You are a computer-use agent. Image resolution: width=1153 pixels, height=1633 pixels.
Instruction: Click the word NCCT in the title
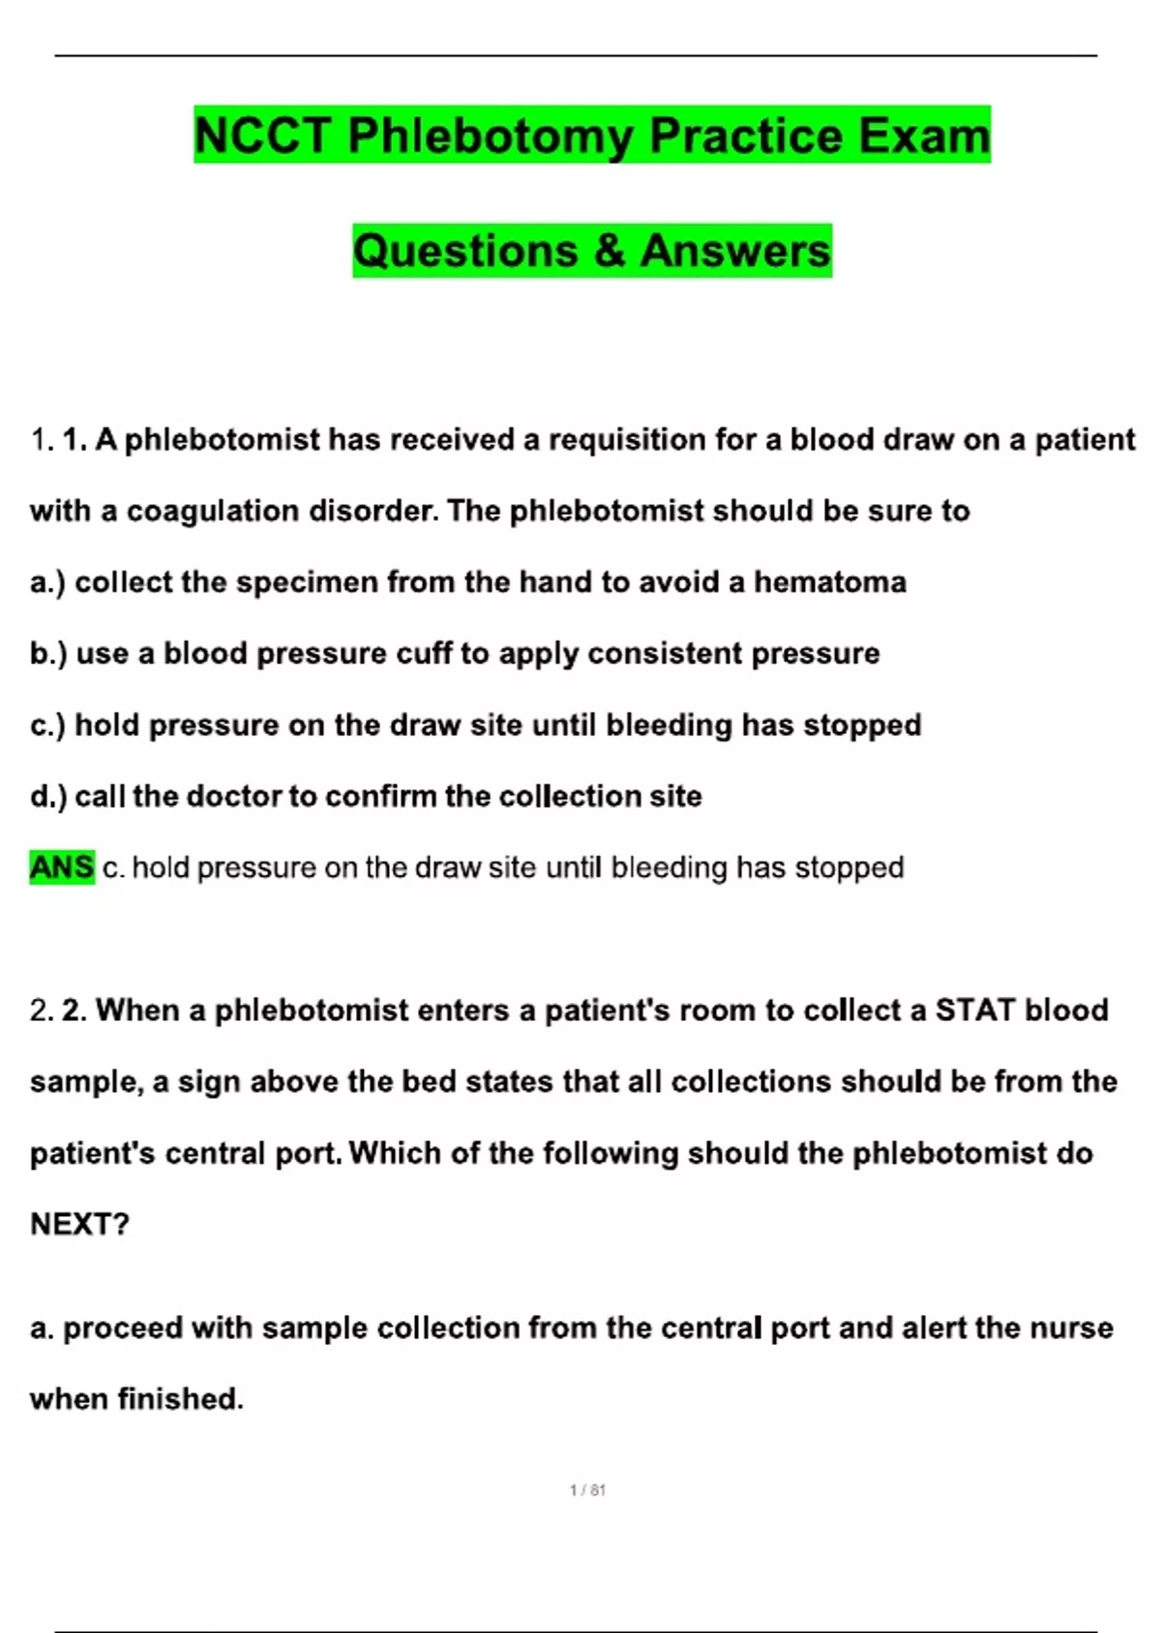(262, 135)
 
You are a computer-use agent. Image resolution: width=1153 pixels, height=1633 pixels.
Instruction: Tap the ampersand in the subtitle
(609, 251)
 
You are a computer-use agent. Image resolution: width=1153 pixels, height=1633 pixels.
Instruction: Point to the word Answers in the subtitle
(735, 251)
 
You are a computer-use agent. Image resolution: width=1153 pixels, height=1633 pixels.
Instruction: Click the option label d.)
(48, 796)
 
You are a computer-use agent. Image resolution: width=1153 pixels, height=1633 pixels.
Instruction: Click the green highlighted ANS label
(62, 867)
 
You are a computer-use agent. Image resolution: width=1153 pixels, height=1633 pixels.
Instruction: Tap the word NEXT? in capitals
(80, 1224)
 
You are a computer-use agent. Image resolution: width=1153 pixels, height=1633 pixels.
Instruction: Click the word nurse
(1071, 1328)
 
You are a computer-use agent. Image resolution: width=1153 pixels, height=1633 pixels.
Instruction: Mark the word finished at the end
(180, 1400)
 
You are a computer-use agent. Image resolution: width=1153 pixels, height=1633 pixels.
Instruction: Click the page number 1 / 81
(587, 1490)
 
